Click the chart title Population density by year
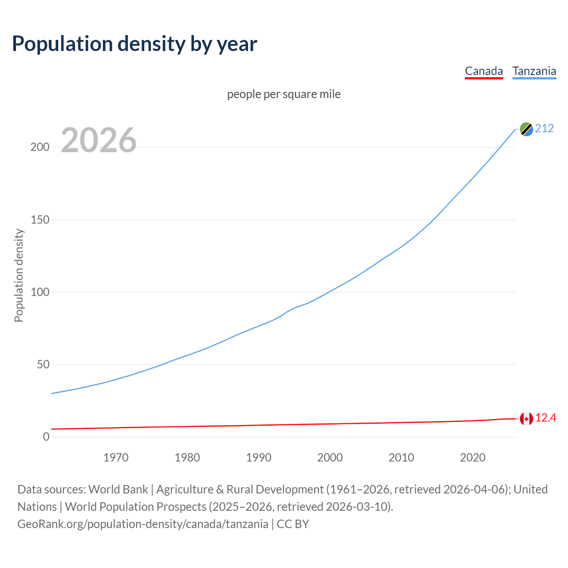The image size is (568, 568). [134, 44]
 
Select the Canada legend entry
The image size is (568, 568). [484, 71]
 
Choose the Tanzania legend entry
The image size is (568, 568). [534, 71]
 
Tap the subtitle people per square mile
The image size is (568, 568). [284, 94]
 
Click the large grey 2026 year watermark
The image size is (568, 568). [99, 140]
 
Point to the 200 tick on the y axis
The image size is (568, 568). [39, 147]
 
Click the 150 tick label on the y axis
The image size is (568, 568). [39, 220]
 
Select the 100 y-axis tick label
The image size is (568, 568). [39, 292]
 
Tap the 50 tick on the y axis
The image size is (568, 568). [43, 364]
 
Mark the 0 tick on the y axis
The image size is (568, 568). [46, 437]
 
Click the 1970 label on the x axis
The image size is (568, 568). [116, 458]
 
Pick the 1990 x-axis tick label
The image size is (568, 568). [259, 458]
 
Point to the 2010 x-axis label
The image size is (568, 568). [401, 458]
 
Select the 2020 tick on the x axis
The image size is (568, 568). [473, 458]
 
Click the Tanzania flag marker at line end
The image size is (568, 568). [526, 129]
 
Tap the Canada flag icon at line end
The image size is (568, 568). [526, 418]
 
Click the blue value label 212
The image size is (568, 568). [544, 129]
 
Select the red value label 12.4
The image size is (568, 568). [545, 418]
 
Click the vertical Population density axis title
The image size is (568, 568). [19, 275]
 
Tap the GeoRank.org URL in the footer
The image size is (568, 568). [143, 524]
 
